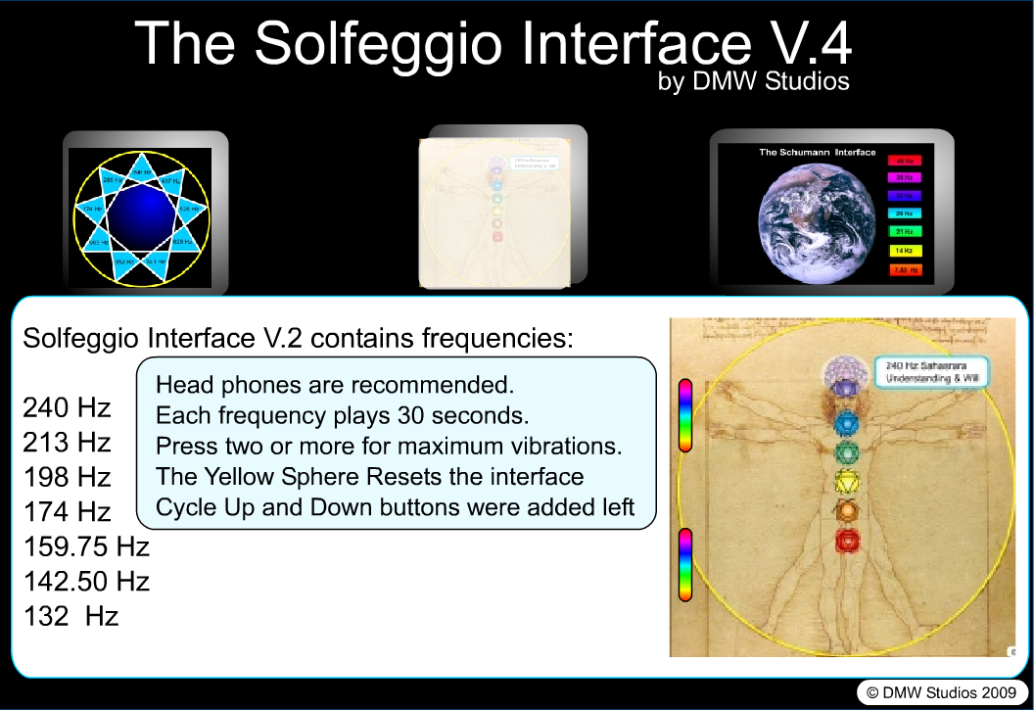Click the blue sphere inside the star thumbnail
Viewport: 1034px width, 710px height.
(144, 213)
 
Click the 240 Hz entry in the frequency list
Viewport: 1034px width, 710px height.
(67, 407)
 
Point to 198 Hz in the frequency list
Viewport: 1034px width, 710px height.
(67, 477)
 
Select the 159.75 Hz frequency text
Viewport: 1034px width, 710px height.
(86, 546)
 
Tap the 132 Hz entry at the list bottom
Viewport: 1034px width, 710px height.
(70, 617)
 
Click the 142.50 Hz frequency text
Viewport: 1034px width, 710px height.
(86, 582)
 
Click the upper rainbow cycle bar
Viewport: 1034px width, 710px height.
(685, 415)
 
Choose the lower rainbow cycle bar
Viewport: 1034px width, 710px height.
(685, 564)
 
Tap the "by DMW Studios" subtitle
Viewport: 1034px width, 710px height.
(754, 81)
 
